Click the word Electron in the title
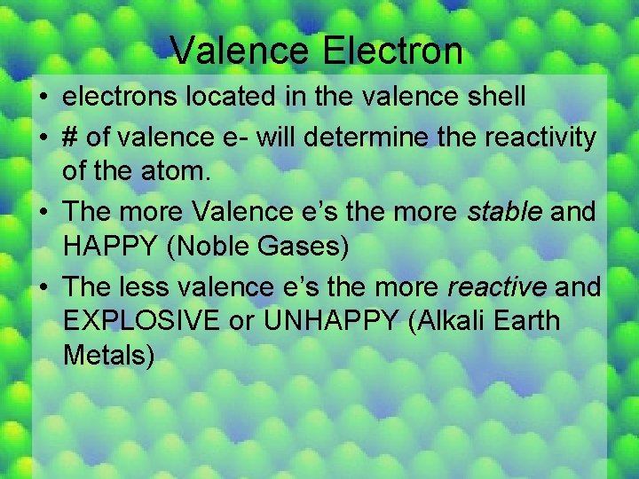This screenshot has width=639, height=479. [392, 51]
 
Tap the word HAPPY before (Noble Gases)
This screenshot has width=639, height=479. [114, 245]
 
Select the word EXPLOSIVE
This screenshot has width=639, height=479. [142, 320]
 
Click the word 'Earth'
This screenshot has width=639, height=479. [529, 320]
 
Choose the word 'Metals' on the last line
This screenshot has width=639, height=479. [109, 354]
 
